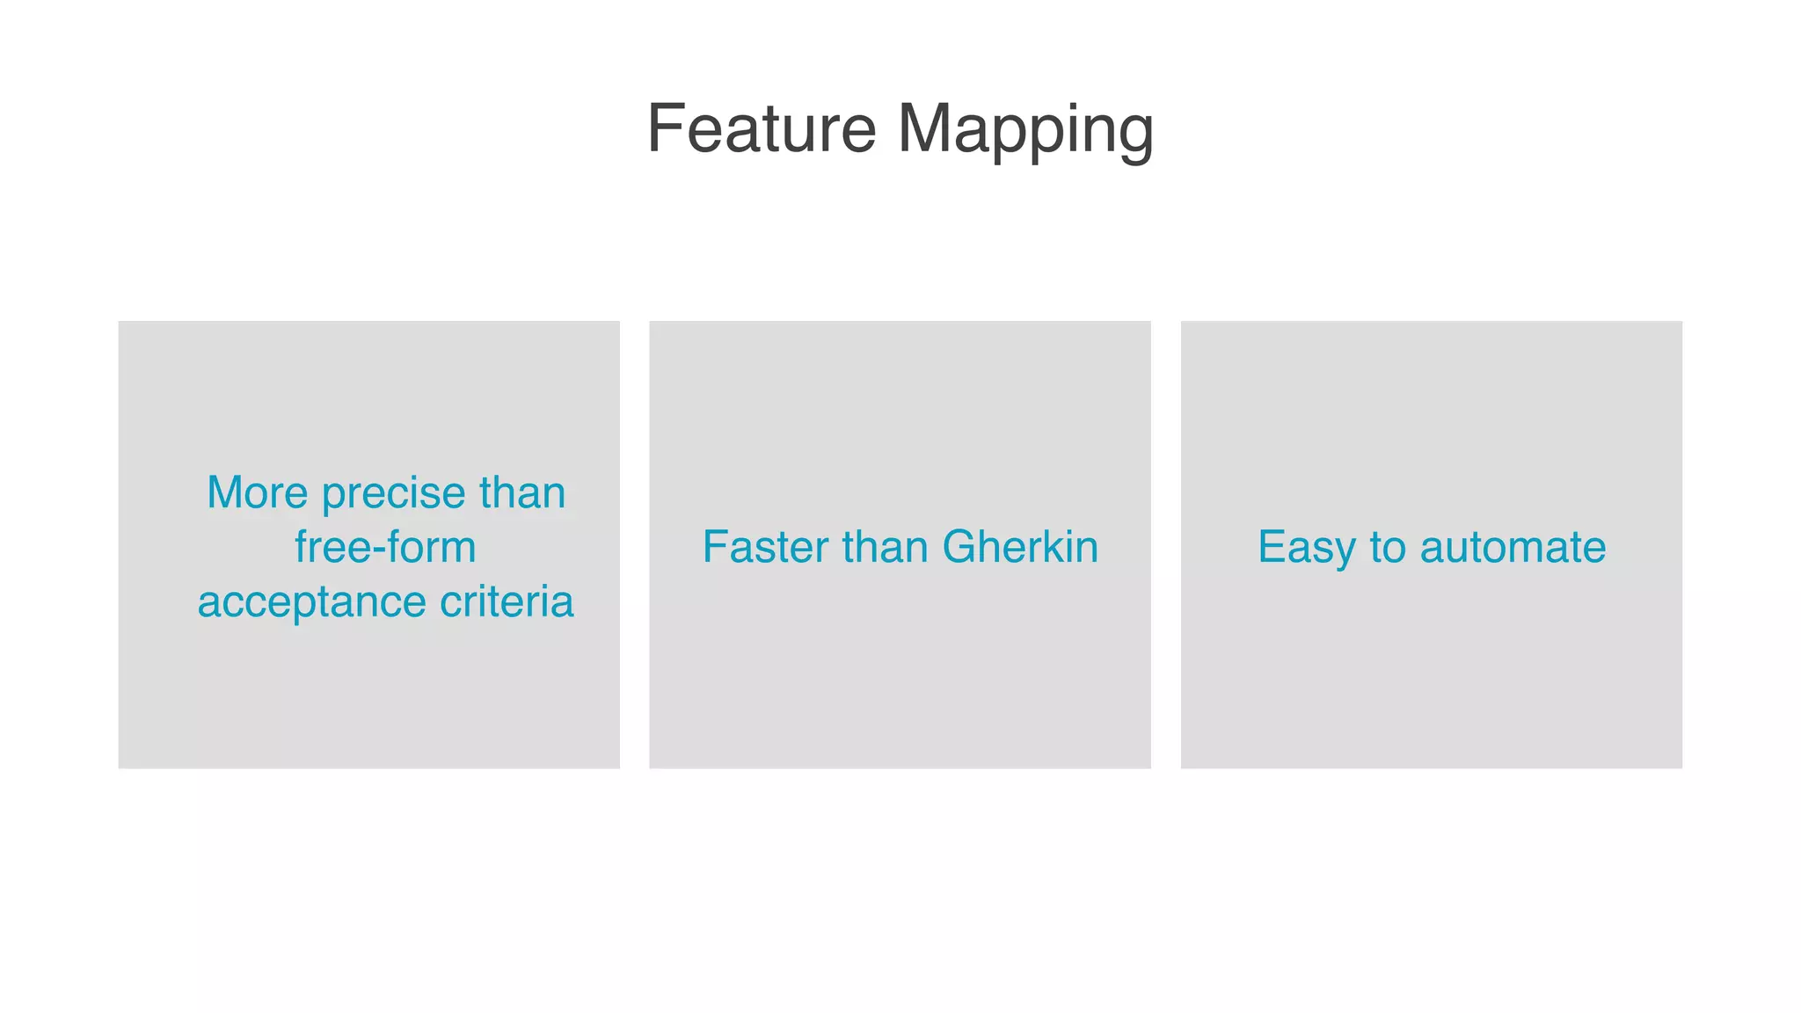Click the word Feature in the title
coord(762,128)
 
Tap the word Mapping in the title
coord(1024,130)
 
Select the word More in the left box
coord(257,492)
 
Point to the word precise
coord(393,494)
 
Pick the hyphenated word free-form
coord(385,547)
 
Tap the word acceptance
coord(311,603)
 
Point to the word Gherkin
coord(1020,547)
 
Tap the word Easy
coord(1307,549)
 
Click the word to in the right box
coord(1388,548)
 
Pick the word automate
coord(1513,548)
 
